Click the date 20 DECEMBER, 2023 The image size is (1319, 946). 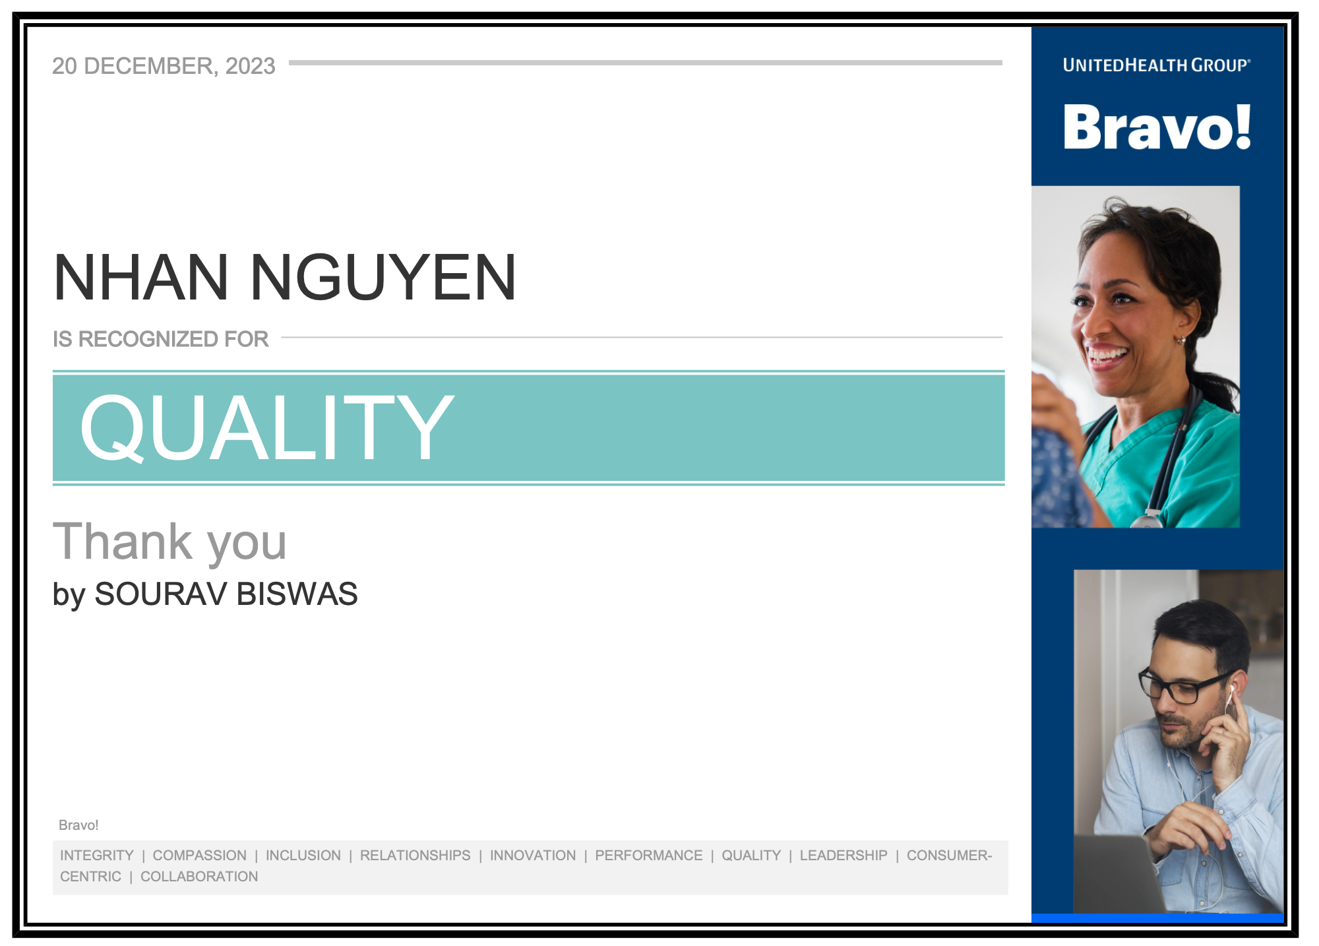164,66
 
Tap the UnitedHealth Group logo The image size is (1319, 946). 1157,65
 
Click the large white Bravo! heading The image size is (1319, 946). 1157,127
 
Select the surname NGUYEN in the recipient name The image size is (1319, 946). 383,278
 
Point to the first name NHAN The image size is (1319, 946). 141,278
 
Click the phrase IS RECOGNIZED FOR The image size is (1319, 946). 161,339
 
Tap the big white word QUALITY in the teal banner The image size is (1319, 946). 267,427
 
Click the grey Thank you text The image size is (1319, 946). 169,542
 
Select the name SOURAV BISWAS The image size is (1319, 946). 226,594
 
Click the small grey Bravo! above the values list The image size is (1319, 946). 78,825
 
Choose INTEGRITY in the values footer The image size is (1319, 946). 97,856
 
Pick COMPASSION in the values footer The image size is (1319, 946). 200,856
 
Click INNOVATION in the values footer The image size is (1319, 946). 533,856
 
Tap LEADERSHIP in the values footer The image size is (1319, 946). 844,856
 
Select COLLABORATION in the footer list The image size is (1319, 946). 199,877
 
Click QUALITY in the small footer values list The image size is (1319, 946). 751,856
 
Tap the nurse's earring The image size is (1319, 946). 1182,341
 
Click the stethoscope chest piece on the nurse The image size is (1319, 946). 1148,519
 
